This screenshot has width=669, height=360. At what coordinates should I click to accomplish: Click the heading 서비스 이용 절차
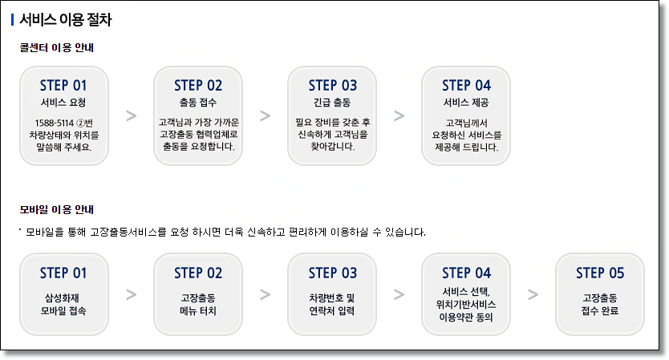(x=65, y=20)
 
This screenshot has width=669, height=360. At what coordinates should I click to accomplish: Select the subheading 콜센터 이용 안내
(x=58, y=48)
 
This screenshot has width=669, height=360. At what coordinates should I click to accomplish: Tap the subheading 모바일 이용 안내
(x=58, y=210)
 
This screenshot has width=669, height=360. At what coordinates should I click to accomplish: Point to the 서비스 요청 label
(x=63, y=103)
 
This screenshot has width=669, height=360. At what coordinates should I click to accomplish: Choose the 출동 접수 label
(x=197, y=103)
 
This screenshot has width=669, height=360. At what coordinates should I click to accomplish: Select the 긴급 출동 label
(x=332, y=103)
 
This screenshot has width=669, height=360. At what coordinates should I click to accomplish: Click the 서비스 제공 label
(x=466, y=103)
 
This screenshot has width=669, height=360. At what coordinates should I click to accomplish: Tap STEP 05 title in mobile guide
(x=600, y=273)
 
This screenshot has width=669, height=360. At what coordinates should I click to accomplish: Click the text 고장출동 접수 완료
(x=600, y=304)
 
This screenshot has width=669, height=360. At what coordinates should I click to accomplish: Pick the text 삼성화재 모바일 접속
(x=63, y=304)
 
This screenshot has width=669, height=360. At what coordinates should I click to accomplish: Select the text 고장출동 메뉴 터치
(x=197, y=304)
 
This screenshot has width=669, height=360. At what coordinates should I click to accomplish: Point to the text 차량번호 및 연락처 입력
(x=332, y=304)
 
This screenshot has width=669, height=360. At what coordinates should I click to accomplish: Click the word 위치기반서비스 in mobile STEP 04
(x=466, y=304)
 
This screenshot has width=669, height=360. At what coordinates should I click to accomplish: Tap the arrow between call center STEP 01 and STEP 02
(x=131, y=115)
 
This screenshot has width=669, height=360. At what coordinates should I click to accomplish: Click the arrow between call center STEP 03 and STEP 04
(x=399, y=115)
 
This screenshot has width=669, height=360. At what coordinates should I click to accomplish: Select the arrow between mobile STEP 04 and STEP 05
(x=533, y=294)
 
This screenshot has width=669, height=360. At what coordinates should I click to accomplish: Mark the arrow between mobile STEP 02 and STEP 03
(x=265, y=294)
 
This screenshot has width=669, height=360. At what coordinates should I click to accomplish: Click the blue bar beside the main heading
(x=13, y=20)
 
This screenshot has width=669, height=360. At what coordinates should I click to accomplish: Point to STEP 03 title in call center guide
(x=332, y=85)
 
